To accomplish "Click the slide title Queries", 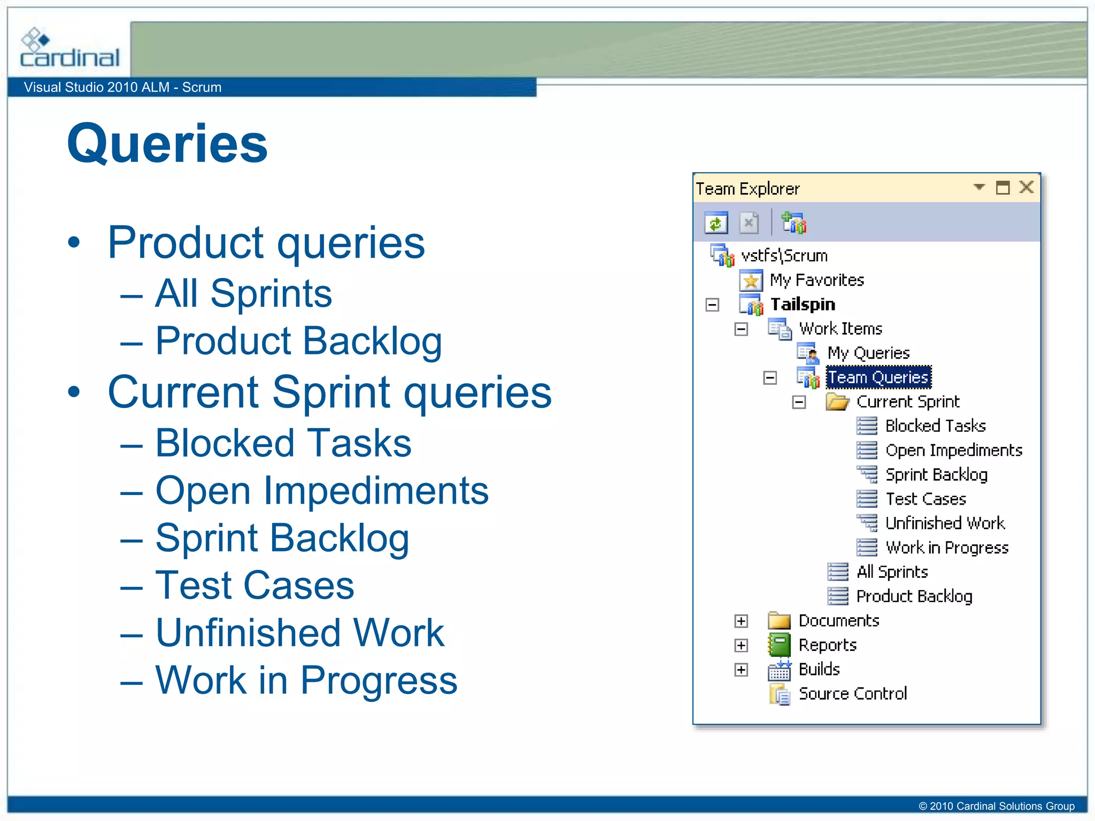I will [x=167, y=143].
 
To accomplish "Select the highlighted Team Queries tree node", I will [x=878, y=377].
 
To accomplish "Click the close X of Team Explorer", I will [x=1026, y=188].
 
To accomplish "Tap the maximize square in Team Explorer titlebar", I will [x=1003, y=188].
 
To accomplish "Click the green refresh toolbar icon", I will [x=716, y=222].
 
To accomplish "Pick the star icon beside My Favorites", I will [x=751, y=281].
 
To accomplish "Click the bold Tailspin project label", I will [x=803, y=305].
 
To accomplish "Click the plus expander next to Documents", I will [x=741, y=621].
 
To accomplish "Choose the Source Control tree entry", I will [x=852, y=694].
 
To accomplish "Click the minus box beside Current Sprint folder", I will [x=799, y=402].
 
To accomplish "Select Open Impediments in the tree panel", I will [x=953, y=451].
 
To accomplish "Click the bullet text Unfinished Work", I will [x=299, y=633].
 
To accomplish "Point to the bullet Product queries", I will [x=266, y=243].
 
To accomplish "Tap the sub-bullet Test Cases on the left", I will [x=255, y=586].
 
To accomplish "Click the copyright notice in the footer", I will [x=996, y=806].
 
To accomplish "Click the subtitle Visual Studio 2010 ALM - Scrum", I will [x=122, y=87].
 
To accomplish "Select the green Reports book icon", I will [x=779, y=645].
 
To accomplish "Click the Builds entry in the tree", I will [x=819, y=669].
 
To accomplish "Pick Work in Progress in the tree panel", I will [x=946, y=548].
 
